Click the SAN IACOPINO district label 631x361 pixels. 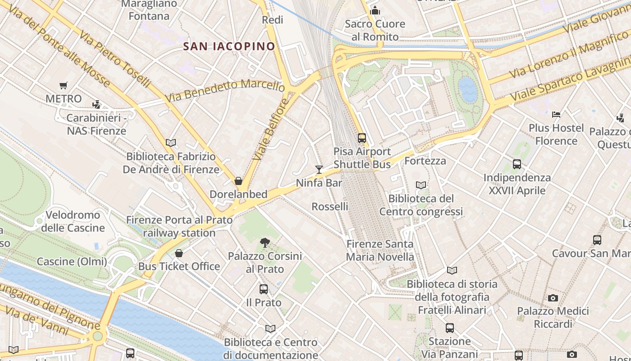pos(229,46)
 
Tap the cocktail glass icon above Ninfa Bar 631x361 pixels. pos(319,170)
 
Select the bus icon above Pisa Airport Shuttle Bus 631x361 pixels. pos(362,138)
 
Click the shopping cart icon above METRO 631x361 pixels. pos(64,85)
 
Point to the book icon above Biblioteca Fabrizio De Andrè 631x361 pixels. pos(171,143)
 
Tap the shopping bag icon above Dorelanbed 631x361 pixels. pos(238,181)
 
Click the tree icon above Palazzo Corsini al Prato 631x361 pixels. pos(265,243)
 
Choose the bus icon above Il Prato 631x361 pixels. pos(264,289)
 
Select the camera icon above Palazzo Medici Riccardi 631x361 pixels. pos(553,298)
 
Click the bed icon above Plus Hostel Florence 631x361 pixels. pos(556,115)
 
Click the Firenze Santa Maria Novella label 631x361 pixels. pos(380,250)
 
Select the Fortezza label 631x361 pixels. pos(425,161)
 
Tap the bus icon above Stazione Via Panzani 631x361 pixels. pos(449,328)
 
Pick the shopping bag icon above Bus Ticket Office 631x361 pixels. pos(179,253)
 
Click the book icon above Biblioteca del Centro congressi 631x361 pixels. pos(421,185)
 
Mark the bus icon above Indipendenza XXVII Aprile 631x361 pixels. pos(517,164)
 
